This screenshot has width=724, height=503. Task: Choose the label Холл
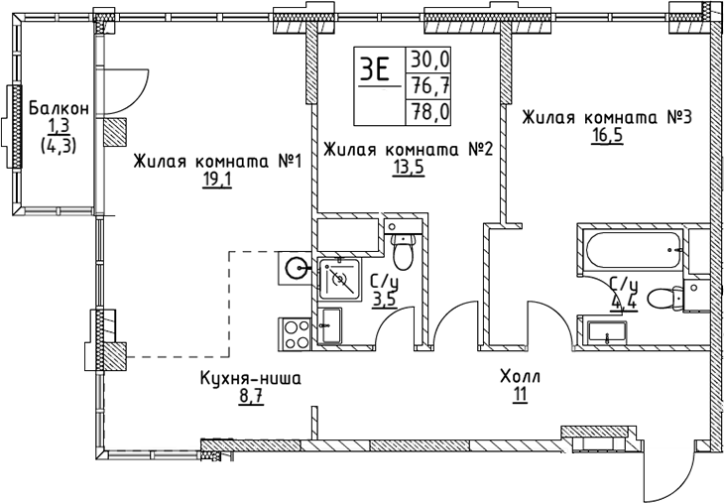520,378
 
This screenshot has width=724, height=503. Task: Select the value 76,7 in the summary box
430,85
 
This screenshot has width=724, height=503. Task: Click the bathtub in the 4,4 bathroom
632,252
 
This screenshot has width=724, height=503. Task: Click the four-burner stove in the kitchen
297,331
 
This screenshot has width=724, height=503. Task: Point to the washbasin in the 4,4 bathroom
607,332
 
